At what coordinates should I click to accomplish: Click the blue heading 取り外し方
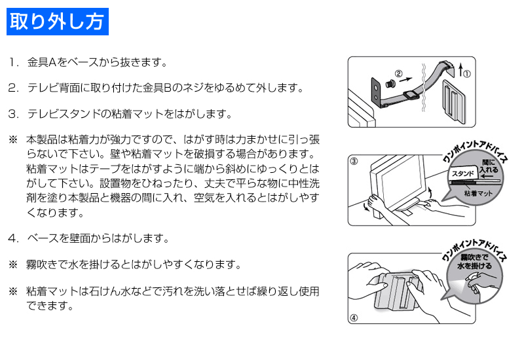(58, 22)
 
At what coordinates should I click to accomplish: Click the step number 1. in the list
(14, 62)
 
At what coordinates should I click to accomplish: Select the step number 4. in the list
(14, 238)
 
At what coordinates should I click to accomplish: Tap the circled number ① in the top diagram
(468, 74)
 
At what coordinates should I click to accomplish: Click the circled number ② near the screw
(399, 73)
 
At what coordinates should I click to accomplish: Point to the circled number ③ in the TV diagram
(354, 161)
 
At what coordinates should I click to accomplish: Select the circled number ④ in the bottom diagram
(354, 317)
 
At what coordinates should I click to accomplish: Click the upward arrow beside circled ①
(461, 70)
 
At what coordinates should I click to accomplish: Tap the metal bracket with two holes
(377, 92)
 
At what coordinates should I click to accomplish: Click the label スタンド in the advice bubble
(463, 173)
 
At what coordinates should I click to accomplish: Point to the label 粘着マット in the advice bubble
(478, 193)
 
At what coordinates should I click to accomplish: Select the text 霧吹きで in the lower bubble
(474, 257)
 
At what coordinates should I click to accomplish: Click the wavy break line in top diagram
(424, 88)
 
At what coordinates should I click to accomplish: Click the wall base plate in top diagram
(453, 101)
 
